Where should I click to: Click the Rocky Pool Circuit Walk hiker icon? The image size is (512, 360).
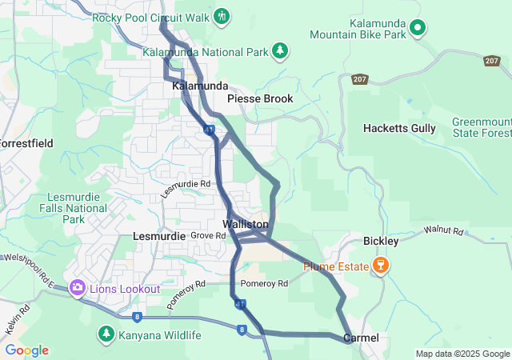point(222,16)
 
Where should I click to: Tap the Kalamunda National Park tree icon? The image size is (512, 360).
point(280,52)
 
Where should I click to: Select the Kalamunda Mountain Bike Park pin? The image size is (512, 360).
point(417,29)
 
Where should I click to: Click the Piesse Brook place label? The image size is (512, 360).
point(260,98)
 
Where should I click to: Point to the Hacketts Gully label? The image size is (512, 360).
point(399,128)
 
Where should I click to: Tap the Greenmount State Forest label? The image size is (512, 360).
point(480,126)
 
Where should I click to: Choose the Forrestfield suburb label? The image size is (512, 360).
point(26,144)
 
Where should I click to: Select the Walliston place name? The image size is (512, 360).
point(246,224)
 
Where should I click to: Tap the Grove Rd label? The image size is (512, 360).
point(208,236)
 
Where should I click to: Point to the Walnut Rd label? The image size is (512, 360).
point(444,232)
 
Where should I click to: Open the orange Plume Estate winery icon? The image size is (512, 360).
point(380,266)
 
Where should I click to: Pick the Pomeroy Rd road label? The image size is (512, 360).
point(264,284)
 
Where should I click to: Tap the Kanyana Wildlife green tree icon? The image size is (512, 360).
point(105,334)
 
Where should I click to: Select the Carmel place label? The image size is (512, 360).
point(361,338)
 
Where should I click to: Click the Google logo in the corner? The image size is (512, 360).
point(26,350)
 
